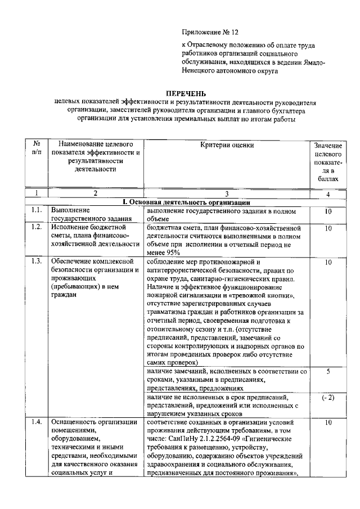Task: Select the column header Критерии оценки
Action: [x=227, y=145]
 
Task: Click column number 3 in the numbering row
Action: [x=227, y=193]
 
